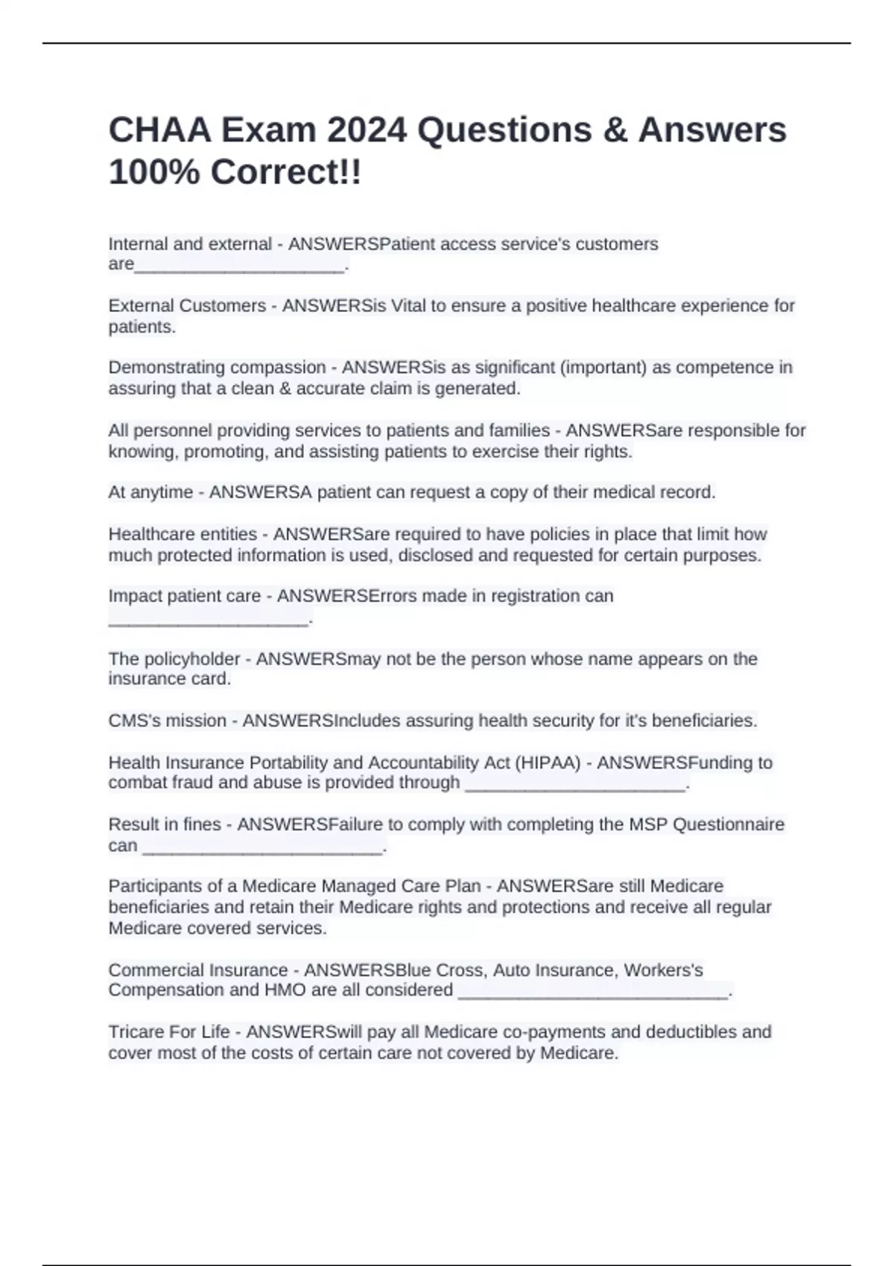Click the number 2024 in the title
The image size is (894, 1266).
(367, 130)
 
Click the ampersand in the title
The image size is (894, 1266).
(614, 130)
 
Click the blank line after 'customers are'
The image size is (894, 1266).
(239, 267)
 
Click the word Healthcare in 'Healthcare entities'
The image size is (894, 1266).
(148, 534)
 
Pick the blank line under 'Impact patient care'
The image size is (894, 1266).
(208, 620)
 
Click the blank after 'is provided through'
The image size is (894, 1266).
(574, 785)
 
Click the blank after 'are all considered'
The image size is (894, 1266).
(592, 993)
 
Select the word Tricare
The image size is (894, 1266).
(136, 1032)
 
